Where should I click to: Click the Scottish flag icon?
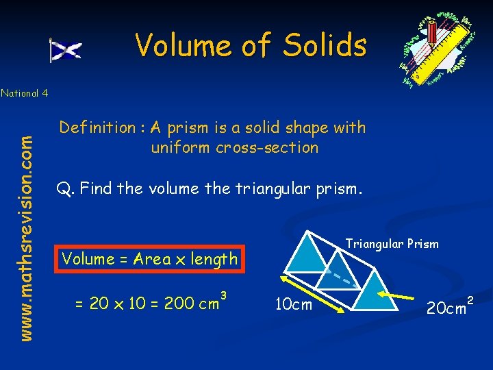click(66, 50)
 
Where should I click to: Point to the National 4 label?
click(24, 93)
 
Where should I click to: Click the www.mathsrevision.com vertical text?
click(26, 227)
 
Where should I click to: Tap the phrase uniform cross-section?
click(234, 147)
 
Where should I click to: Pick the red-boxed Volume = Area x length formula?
click(149, 258)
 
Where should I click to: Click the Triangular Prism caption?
click(392, 243)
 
